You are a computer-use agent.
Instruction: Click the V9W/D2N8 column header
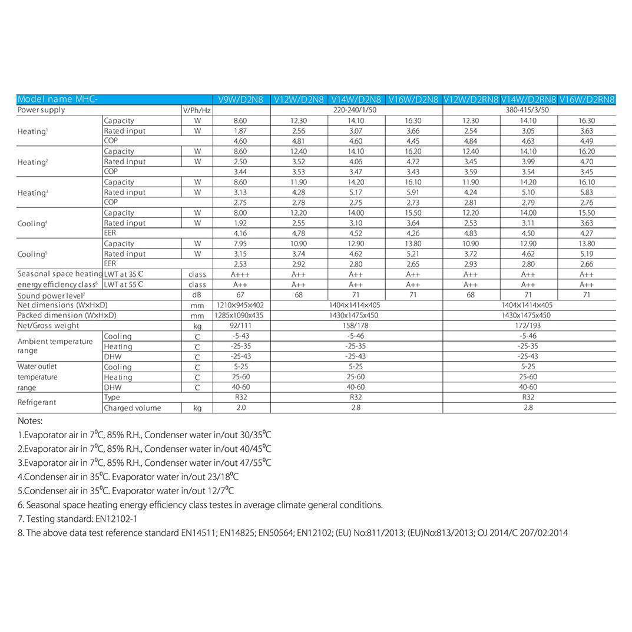coord(241,100)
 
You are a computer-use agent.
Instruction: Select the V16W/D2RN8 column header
coord(587,100)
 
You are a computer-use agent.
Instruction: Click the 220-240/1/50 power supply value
coord(356,110)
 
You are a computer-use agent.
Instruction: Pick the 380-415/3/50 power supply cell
coord(528,110)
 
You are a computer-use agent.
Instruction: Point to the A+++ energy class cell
coord(241,274)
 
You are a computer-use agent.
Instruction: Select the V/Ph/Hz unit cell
coord(197,110)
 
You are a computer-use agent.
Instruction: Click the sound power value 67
coord(241,295)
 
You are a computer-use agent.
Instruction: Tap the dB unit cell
coord(197,295)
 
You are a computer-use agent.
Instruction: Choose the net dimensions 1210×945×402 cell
coord(241,305)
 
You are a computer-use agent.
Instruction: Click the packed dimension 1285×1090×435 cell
coord(241,315)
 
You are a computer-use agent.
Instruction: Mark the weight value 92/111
coord(241,325)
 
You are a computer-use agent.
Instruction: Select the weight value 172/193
coord(528,325)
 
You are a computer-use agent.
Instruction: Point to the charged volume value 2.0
coord(241,408)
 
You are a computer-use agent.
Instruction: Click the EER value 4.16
coord(241,233)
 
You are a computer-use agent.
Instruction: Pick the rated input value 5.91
coord(413,192)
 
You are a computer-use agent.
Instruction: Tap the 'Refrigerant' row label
coord(37,402)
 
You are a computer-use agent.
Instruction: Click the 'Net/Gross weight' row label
coord(48,325)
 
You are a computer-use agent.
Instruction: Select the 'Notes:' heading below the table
coord(30,421)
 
